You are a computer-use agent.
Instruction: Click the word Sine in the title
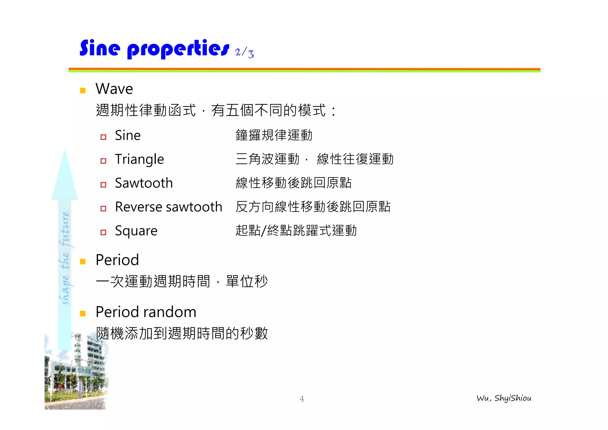click(100, 48)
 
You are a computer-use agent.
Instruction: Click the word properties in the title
click(178, 49)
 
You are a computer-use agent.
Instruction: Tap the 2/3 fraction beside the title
click(244, 53)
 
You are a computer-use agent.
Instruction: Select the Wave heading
click(114, 89)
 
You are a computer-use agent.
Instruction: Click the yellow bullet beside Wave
click(83, 90)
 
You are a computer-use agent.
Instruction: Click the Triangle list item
click(139, 159)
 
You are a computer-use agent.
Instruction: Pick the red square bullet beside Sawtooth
click(103, 185)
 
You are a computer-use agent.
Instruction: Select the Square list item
click(136, 231)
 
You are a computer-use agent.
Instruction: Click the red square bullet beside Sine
click(103, 137)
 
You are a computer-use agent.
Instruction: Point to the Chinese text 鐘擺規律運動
click(274, 135)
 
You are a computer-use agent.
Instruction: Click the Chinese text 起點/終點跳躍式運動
click(296, 230)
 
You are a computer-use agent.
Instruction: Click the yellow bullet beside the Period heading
click(83, 262)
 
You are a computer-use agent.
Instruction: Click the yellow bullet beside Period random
click(83, 314)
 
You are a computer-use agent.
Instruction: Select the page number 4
click(302, 399)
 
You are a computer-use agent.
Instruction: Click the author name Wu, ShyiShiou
click(504, 398)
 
